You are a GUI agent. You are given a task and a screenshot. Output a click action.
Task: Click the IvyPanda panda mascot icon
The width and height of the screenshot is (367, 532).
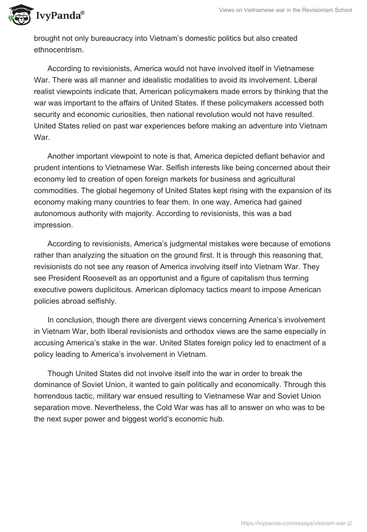pyautogui.click(x=18, y=15)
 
